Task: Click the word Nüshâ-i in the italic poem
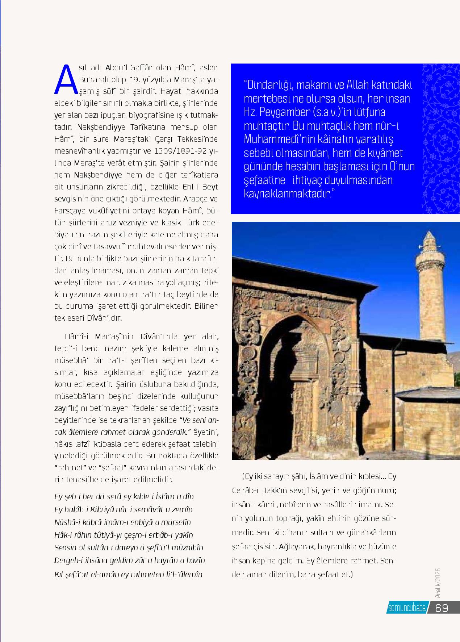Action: click(x=67, y=522)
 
